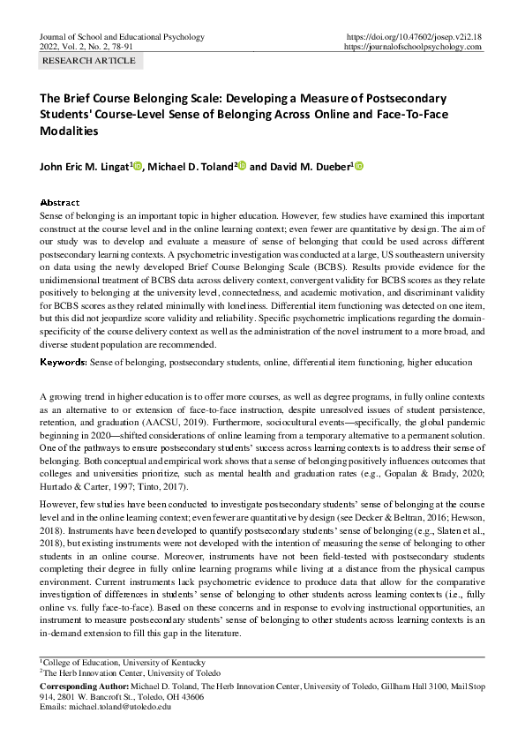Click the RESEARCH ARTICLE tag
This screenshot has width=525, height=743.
click(89, 61)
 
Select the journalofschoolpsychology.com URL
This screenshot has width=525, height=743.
click(412, 47)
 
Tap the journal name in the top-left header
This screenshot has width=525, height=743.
click(123, 37)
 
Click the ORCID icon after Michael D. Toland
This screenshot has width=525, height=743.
click(243, 166)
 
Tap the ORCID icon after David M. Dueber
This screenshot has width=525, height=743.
click(359, 166)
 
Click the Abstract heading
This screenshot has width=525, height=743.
click(61, 202)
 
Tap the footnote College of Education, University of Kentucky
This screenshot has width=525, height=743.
click(124, 662)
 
